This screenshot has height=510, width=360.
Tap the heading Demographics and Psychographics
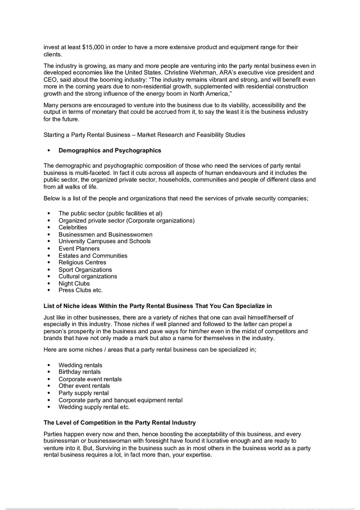(110, 151)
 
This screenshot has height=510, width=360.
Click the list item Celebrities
(73, 227)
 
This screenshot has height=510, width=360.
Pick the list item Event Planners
(79, 249)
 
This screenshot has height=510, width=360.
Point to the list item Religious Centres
(82, 263)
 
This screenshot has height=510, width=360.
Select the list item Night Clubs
(74, 283)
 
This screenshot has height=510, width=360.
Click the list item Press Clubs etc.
(81, 290)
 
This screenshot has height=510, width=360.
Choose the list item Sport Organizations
(85, 270)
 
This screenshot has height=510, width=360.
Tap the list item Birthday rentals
(79, 372)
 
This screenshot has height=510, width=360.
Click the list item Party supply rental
(83, 393)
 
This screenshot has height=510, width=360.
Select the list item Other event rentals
(84, 386)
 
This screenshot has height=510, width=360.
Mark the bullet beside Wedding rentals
(49, 365)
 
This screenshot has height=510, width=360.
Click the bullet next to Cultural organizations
(49, 276)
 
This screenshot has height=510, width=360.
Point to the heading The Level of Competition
(119, 422)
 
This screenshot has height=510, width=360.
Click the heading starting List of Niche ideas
(157, 306)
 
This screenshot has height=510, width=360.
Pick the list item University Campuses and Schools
(104, 241)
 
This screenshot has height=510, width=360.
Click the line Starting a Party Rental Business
(144, 135)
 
